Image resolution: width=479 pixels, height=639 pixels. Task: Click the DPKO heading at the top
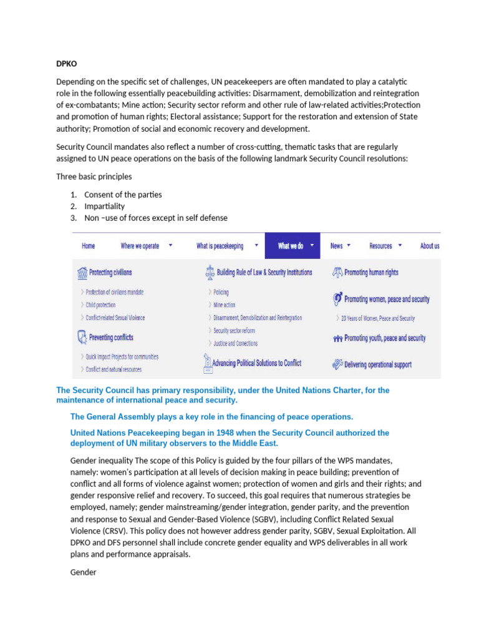coord(67,63)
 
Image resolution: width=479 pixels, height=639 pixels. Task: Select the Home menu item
coord(89,246)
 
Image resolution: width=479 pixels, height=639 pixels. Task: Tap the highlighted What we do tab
coord(291,246)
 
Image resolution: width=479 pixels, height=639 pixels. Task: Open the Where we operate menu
coord(140,246)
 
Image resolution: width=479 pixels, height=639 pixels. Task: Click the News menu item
coord(337,246)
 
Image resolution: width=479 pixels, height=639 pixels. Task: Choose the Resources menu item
coord(380,246)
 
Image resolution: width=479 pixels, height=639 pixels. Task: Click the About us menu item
coord(430,246)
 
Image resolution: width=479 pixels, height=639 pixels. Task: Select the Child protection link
coord(100,305)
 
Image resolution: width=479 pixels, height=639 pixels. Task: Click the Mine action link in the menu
coord(225,305)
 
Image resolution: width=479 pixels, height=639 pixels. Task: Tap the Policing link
coord(221,292)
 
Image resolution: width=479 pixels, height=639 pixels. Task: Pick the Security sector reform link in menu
coord(234,331)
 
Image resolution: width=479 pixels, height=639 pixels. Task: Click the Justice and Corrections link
coord(235,343)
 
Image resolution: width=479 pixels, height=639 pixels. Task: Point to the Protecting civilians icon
coord(82,273)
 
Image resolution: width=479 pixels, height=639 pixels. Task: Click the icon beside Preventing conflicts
coord(82,338)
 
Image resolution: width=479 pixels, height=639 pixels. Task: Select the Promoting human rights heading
coord(371,273)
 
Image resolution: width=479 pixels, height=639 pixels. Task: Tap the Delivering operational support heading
coord(377,364)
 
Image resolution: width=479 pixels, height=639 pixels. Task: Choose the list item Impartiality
coord(104,206)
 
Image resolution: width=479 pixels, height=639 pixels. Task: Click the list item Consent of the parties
coord(123,195)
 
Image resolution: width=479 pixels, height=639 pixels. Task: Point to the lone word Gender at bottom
coord(84,572)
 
